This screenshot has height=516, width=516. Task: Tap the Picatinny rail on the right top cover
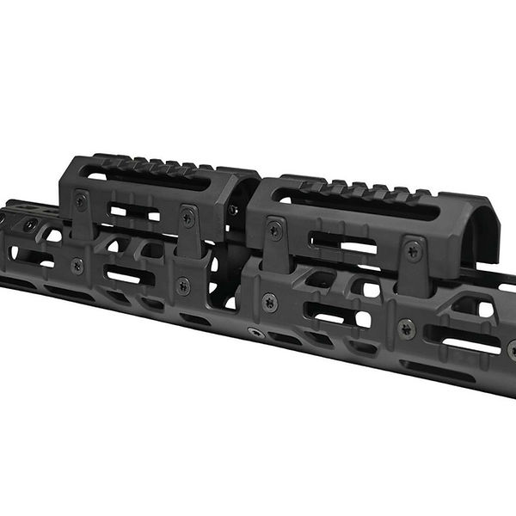pyautogui.click(x=361, y=190)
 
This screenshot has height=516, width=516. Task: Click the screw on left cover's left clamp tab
pyautogui.click(x=81, y=203)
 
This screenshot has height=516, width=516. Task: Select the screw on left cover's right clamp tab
pyautogui.click(x=188, y=219)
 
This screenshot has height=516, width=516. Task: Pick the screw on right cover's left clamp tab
pyautogui.click(x=274, y=230)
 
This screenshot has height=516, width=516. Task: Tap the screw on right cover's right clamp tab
pyautogui.click(x=414, y=251)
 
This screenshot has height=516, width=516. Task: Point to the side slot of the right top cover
pyautogui.click(x=344, y=243)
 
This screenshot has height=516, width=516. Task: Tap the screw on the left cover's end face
pyautogui.click(x=233, y=210)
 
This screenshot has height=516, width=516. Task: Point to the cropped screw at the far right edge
pyautogui.click(x=512, y=348)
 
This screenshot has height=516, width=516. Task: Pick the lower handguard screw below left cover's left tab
pyautogui.click(x=77, y=266)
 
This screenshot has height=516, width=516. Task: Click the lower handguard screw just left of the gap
pyautogui.click(x=183, y=286)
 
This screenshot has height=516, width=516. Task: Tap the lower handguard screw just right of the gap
pyautogui.click(x=269, y=302)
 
